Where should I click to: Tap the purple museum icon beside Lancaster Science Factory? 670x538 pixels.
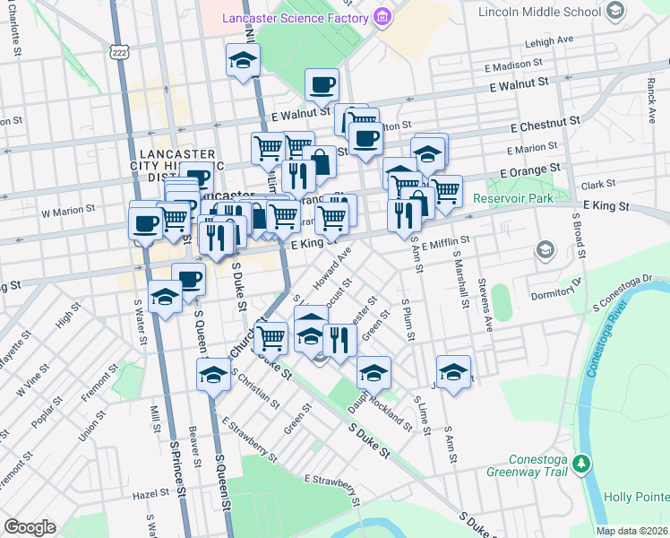pos(383,17)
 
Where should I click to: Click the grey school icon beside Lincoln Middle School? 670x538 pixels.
pos(614,11)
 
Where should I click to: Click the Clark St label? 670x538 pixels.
pos(593,185)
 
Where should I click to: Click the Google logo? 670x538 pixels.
pos(30,527)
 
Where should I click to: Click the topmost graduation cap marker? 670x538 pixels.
pos(241,60)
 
